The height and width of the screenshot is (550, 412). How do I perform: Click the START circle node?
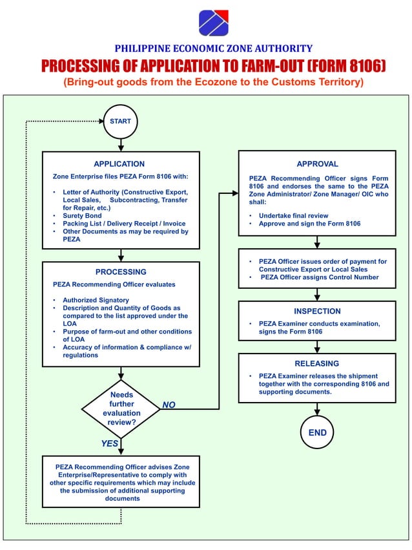[120, 121]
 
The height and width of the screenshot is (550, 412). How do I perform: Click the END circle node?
[317, 432]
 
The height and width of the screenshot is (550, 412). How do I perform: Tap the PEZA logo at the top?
[213, 23]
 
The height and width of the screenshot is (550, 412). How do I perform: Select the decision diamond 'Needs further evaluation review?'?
[121, 408]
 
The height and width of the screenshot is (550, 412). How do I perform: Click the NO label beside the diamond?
[169, 405]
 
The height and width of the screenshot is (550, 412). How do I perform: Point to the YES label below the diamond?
[110, 443]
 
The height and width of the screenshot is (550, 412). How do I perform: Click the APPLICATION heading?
[119, 164]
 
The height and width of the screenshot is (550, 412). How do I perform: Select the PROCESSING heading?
[121, 272]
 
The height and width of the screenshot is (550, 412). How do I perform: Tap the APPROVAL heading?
[317, 164]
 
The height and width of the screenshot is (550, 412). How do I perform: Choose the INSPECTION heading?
[317, 311]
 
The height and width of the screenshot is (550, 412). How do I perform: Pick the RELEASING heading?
[317, 363]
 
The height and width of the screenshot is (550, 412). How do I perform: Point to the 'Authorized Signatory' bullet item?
[96, 300]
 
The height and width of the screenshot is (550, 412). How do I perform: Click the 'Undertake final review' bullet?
[293, 215]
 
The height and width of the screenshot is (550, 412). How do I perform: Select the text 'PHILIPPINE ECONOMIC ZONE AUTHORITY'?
[214, 48]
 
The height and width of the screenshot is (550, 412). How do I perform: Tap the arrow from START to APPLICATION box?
[121, 145]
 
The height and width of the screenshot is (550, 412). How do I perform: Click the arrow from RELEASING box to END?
[317, 408]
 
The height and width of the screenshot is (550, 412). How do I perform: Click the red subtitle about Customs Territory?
[213, 82]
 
